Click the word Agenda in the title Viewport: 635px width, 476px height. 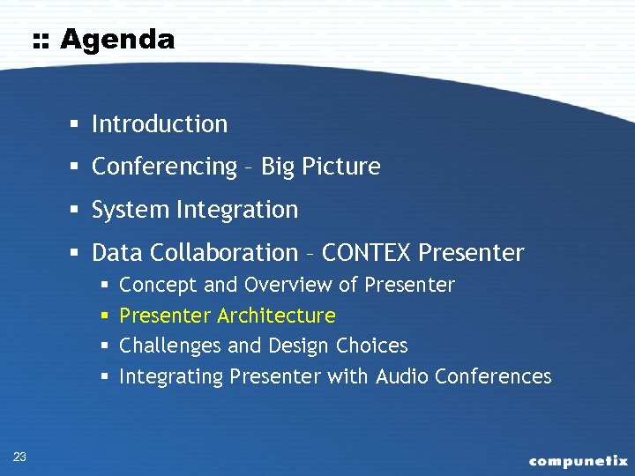click(x=117, y=41)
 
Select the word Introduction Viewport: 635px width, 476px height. click(x=160, y=124)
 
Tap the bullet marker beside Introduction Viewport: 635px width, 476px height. click(x=78, y=125)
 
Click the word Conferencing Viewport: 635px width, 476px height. click(x=165, y=167)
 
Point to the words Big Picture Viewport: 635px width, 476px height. click(x=320, y=167)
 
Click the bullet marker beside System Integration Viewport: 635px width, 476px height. click(x=78, y=211)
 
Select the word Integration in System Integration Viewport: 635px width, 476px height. click(x=237, y=210)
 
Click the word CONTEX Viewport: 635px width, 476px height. click(x=367, y=253)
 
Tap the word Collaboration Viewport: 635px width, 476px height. click(x=224, y=253)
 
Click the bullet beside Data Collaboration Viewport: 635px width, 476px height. click(x=78, y=254)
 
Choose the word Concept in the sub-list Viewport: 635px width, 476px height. click(x=158, y=286)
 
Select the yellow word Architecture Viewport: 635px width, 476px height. click(x=276, y=316)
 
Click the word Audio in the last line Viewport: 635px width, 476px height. click(x=400, y=376)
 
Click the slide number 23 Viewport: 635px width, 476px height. click(x=20, y=456)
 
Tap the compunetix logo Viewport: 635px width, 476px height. click(x=578, y=460)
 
